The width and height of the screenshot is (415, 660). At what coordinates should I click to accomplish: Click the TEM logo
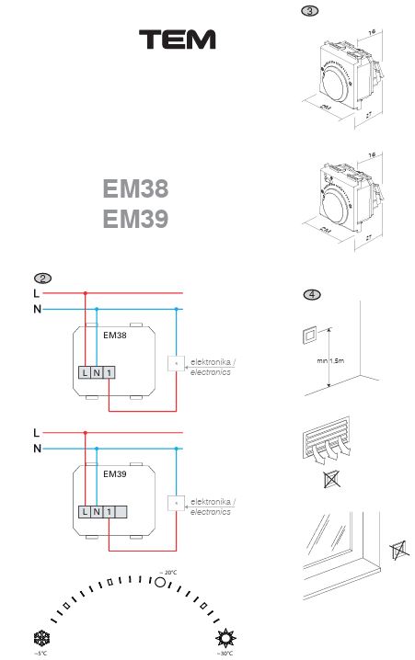click(178, 40)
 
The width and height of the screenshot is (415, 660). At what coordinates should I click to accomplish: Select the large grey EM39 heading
click(135, 220)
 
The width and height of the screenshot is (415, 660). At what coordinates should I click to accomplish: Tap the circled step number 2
click(41, 278)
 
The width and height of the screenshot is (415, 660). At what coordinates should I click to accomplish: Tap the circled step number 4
click(312, 295)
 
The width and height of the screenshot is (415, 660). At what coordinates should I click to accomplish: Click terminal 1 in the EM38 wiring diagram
click(109, 372)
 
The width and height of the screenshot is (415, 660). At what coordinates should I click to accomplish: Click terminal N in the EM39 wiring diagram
click(97, 511)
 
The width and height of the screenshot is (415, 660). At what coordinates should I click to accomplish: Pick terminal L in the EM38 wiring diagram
click(84, 372)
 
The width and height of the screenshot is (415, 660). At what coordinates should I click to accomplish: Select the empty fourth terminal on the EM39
click(121, 511)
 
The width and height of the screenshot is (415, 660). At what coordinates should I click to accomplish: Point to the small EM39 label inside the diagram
click(114, 475)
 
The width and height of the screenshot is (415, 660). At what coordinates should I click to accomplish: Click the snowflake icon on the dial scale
click(40, 638)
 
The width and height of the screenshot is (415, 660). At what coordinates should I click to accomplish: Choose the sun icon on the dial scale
click(225, 638)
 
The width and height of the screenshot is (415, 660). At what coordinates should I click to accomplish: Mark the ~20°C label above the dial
click(167, 572)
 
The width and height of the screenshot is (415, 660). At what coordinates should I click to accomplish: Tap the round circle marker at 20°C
click(158, 582)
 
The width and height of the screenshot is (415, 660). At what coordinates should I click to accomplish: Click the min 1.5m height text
click(329, 360)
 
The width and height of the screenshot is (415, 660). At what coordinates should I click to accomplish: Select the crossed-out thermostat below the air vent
click(330, 480)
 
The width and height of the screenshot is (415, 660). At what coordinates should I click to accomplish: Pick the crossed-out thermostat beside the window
click(398, 551)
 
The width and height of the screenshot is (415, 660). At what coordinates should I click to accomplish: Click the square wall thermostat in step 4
click(309, 335)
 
